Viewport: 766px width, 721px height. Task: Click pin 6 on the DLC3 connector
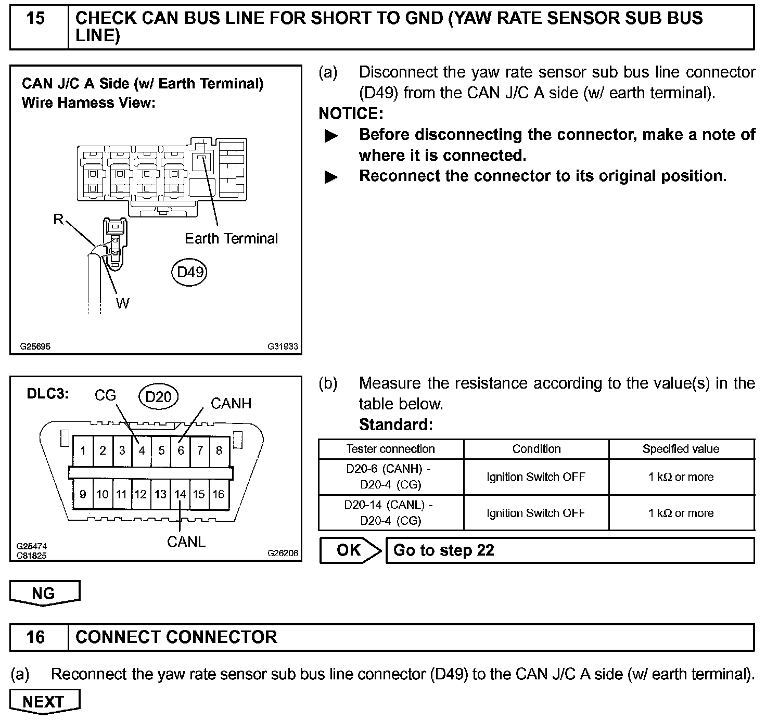tap(181, 450)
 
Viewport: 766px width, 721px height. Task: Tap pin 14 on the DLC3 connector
tap(180, 494)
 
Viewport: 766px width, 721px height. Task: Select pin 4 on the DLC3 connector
tap(142, 450)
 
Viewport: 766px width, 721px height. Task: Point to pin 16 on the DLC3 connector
tap(219, 494)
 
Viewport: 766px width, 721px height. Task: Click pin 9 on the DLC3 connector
tap(83, 494)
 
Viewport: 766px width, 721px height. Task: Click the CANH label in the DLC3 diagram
tap(231, 403)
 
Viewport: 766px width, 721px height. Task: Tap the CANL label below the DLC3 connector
tap(186, 542)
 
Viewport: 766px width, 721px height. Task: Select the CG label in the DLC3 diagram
tap(105, 395)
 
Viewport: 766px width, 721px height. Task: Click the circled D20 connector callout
tap(158, 397)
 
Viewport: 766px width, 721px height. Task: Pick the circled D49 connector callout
tap(189, 272)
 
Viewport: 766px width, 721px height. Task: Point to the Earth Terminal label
tap(231, 238)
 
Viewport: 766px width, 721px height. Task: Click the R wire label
tap(58, 220)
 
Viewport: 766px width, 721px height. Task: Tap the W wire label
tap(123, 303)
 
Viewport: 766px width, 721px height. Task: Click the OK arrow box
tap(349, 550)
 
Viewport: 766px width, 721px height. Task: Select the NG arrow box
tap(44, 593)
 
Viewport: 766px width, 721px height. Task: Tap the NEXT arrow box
tap(44, 702)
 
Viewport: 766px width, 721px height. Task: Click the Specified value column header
tap(681, 449)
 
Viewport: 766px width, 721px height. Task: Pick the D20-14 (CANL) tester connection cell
tap(390, 512)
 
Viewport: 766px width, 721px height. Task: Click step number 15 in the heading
tap(35, 18)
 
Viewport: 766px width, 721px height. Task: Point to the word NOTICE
tap(351, 113)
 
